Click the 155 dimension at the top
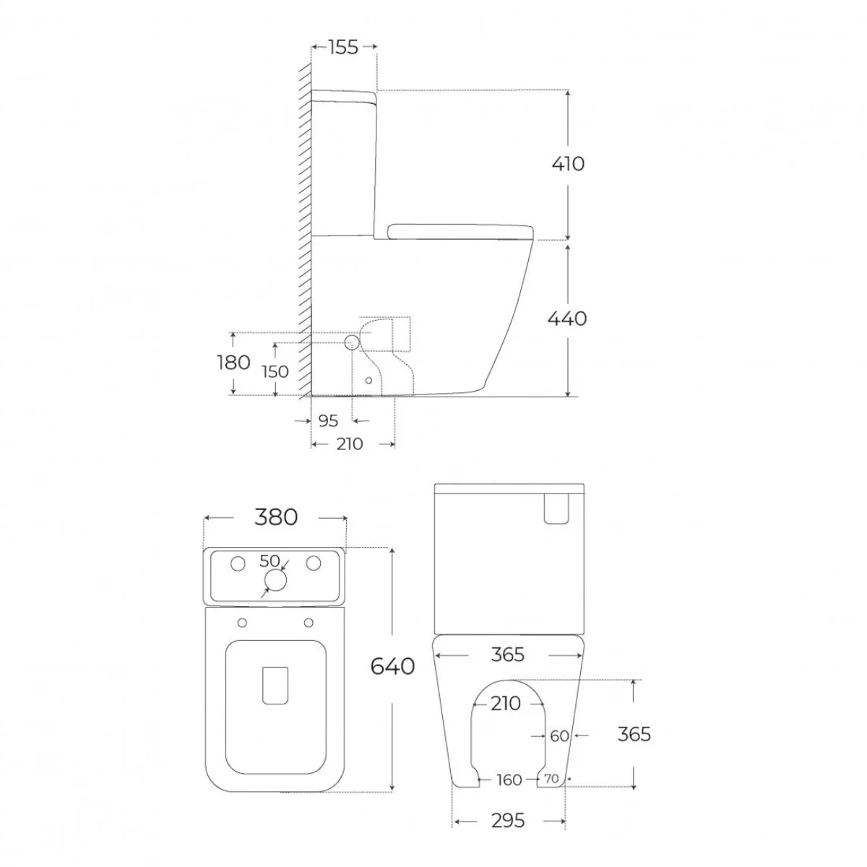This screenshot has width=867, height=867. (343, 47)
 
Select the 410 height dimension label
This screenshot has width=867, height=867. (568, 164)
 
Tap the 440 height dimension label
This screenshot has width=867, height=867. (567, 319)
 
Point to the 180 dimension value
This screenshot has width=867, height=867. (233, 363)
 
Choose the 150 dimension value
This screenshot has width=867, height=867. (275, 371)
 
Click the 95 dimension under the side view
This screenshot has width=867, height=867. (328, 420)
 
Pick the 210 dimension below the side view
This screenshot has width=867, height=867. (350, 444)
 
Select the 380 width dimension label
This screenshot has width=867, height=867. (276, 517)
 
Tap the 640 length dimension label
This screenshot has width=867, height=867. (392, 666)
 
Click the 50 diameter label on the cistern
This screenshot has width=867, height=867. (269, 561)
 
